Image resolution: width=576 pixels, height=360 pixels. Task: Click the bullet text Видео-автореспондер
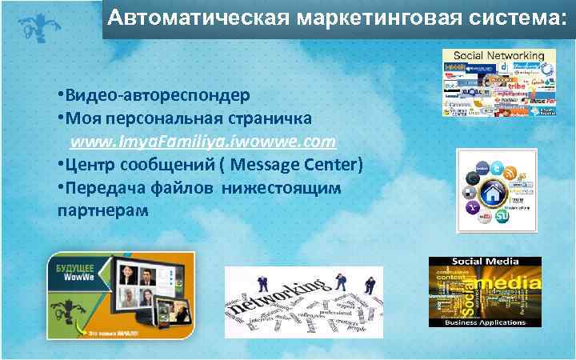156,95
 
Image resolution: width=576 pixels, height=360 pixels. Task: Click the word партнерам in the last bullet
103,210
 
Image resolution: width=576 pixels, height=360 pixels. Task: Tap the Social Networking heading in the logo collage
498,56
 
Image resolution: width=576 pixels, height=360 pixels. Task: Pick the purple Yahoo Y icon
473,207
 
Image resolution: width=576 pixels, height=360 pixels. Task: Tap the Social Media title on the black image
486,262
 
